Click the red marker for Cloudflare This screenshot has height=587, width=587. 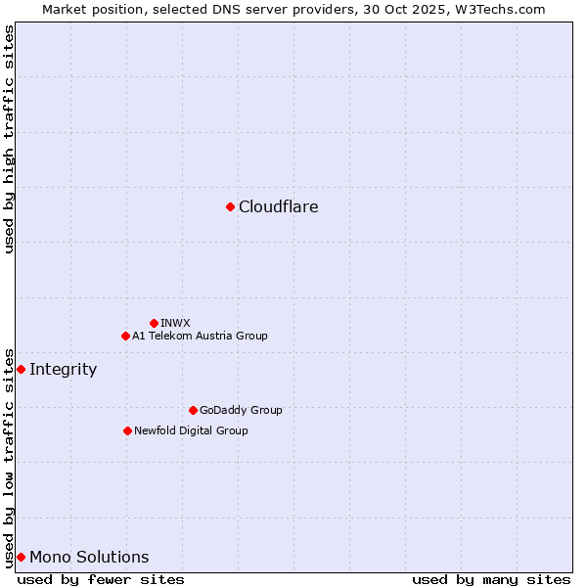pyautogui.click(x=230, y=206)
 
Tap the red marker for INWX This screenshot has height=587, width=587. pyautogui.click(x=154, y=323)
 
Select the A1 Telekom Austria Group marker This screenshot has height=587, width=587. pyautogui.click(x=125, y=336)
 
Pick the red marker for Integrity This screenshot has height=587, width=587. pyautogui.click(x=21, y=369)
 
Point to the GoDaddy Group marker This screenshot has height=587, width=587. pyautogui.click(x=193, y=410)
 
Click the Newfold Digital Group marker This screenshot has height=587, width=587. pyautogui.click(x=127, y=430)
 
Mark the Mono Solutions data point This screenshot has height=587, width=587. pyautogui.click(x=21, y=557)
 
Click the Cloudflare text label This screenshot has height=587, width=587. pyautogui.click(x=279, y=206)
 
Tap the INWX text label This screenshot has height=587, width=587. pyautogui.click(x=176, y=323)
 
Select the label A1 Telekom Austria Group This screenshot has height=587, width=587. pyautogui.click(x=200, y=336)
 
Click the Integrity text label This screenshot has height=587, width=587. pyautogui.click(x=64, y=369)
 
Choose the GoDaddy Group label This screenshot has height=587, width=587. pyautogui.click(x=241, y=410)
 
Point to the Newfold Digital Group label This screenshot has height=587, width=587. pyautogui.click(x=191, y=430)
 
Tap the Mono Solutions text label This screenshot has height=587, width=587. pyautogui.click(x=89, y=557)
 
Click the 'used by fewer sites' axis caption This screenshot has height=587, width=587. pyautogui.click(x=101, y=579)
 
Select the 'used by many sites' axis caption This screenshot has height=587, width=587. pyautogui.click(x=491, y=579)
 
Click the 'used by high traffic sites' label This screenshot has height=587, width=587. pyautogui.click(x=10, y=139)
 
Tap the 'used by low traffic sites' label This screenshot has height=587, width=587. pyautogui.click(x=10, y=457)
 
